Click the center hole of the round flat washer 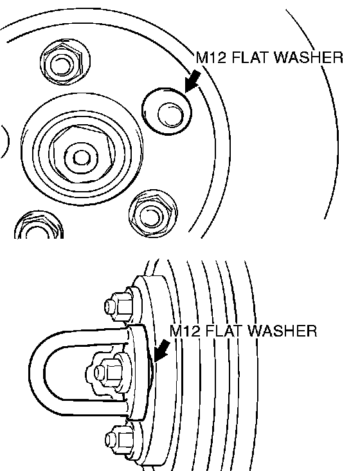click(170, 115)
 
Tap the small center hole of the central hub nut click(81, 158)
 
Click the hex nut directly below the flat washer click(152, 214)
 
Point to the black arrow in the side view click(161, 351)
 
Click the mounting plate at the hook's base click(139, 372)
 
